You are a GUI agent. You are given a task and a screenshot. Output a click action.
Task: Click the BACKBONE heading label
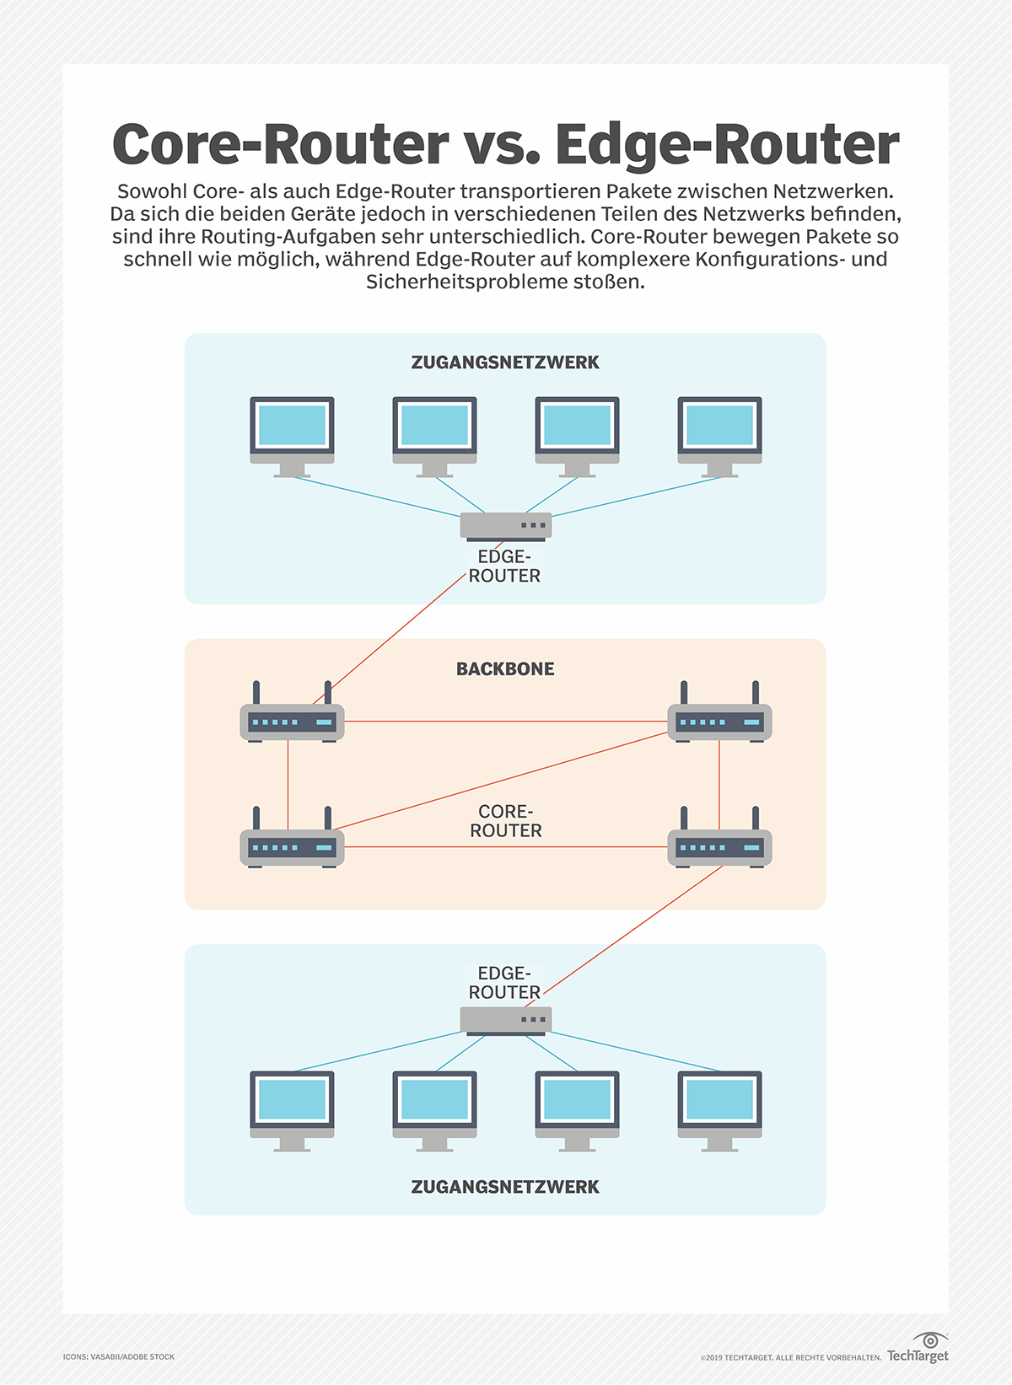coord(505,669)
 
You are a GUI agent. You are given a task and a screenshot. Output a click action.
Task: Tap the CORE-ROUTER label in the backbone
coord(505,821)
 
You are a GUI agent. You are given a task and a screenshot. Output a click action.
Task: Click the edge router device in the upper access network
coord(505,526)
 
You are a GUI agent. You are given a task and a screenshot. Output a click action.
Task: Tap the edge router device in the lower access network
coord(505,1020)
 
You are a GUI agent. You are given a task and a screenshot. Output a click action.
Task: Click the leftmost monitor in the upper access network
coord(292,434)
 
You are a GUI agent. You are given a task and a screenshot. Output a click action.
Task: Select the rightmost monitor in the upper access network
coord(719,434)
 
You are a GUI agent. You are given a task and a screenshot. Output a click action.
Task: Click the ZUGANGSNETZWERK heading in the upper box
coord(505,362)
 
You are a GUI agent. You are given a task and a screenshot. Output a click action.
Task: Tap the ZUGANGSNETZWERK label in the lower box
coord(505,1187)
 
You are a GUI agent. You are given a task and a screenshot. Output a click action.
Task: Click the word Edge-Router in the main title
coord(727,145)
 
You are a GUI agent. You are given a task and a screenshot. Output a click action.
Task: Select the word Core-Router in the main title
coord(280,145)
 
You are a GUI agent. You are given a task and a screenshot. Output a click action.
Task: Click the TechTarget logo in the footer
coord(918,1349)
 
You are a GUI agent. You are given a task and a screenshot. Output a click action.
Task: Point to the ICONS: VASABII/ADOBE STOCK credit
coord(119,1356)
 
